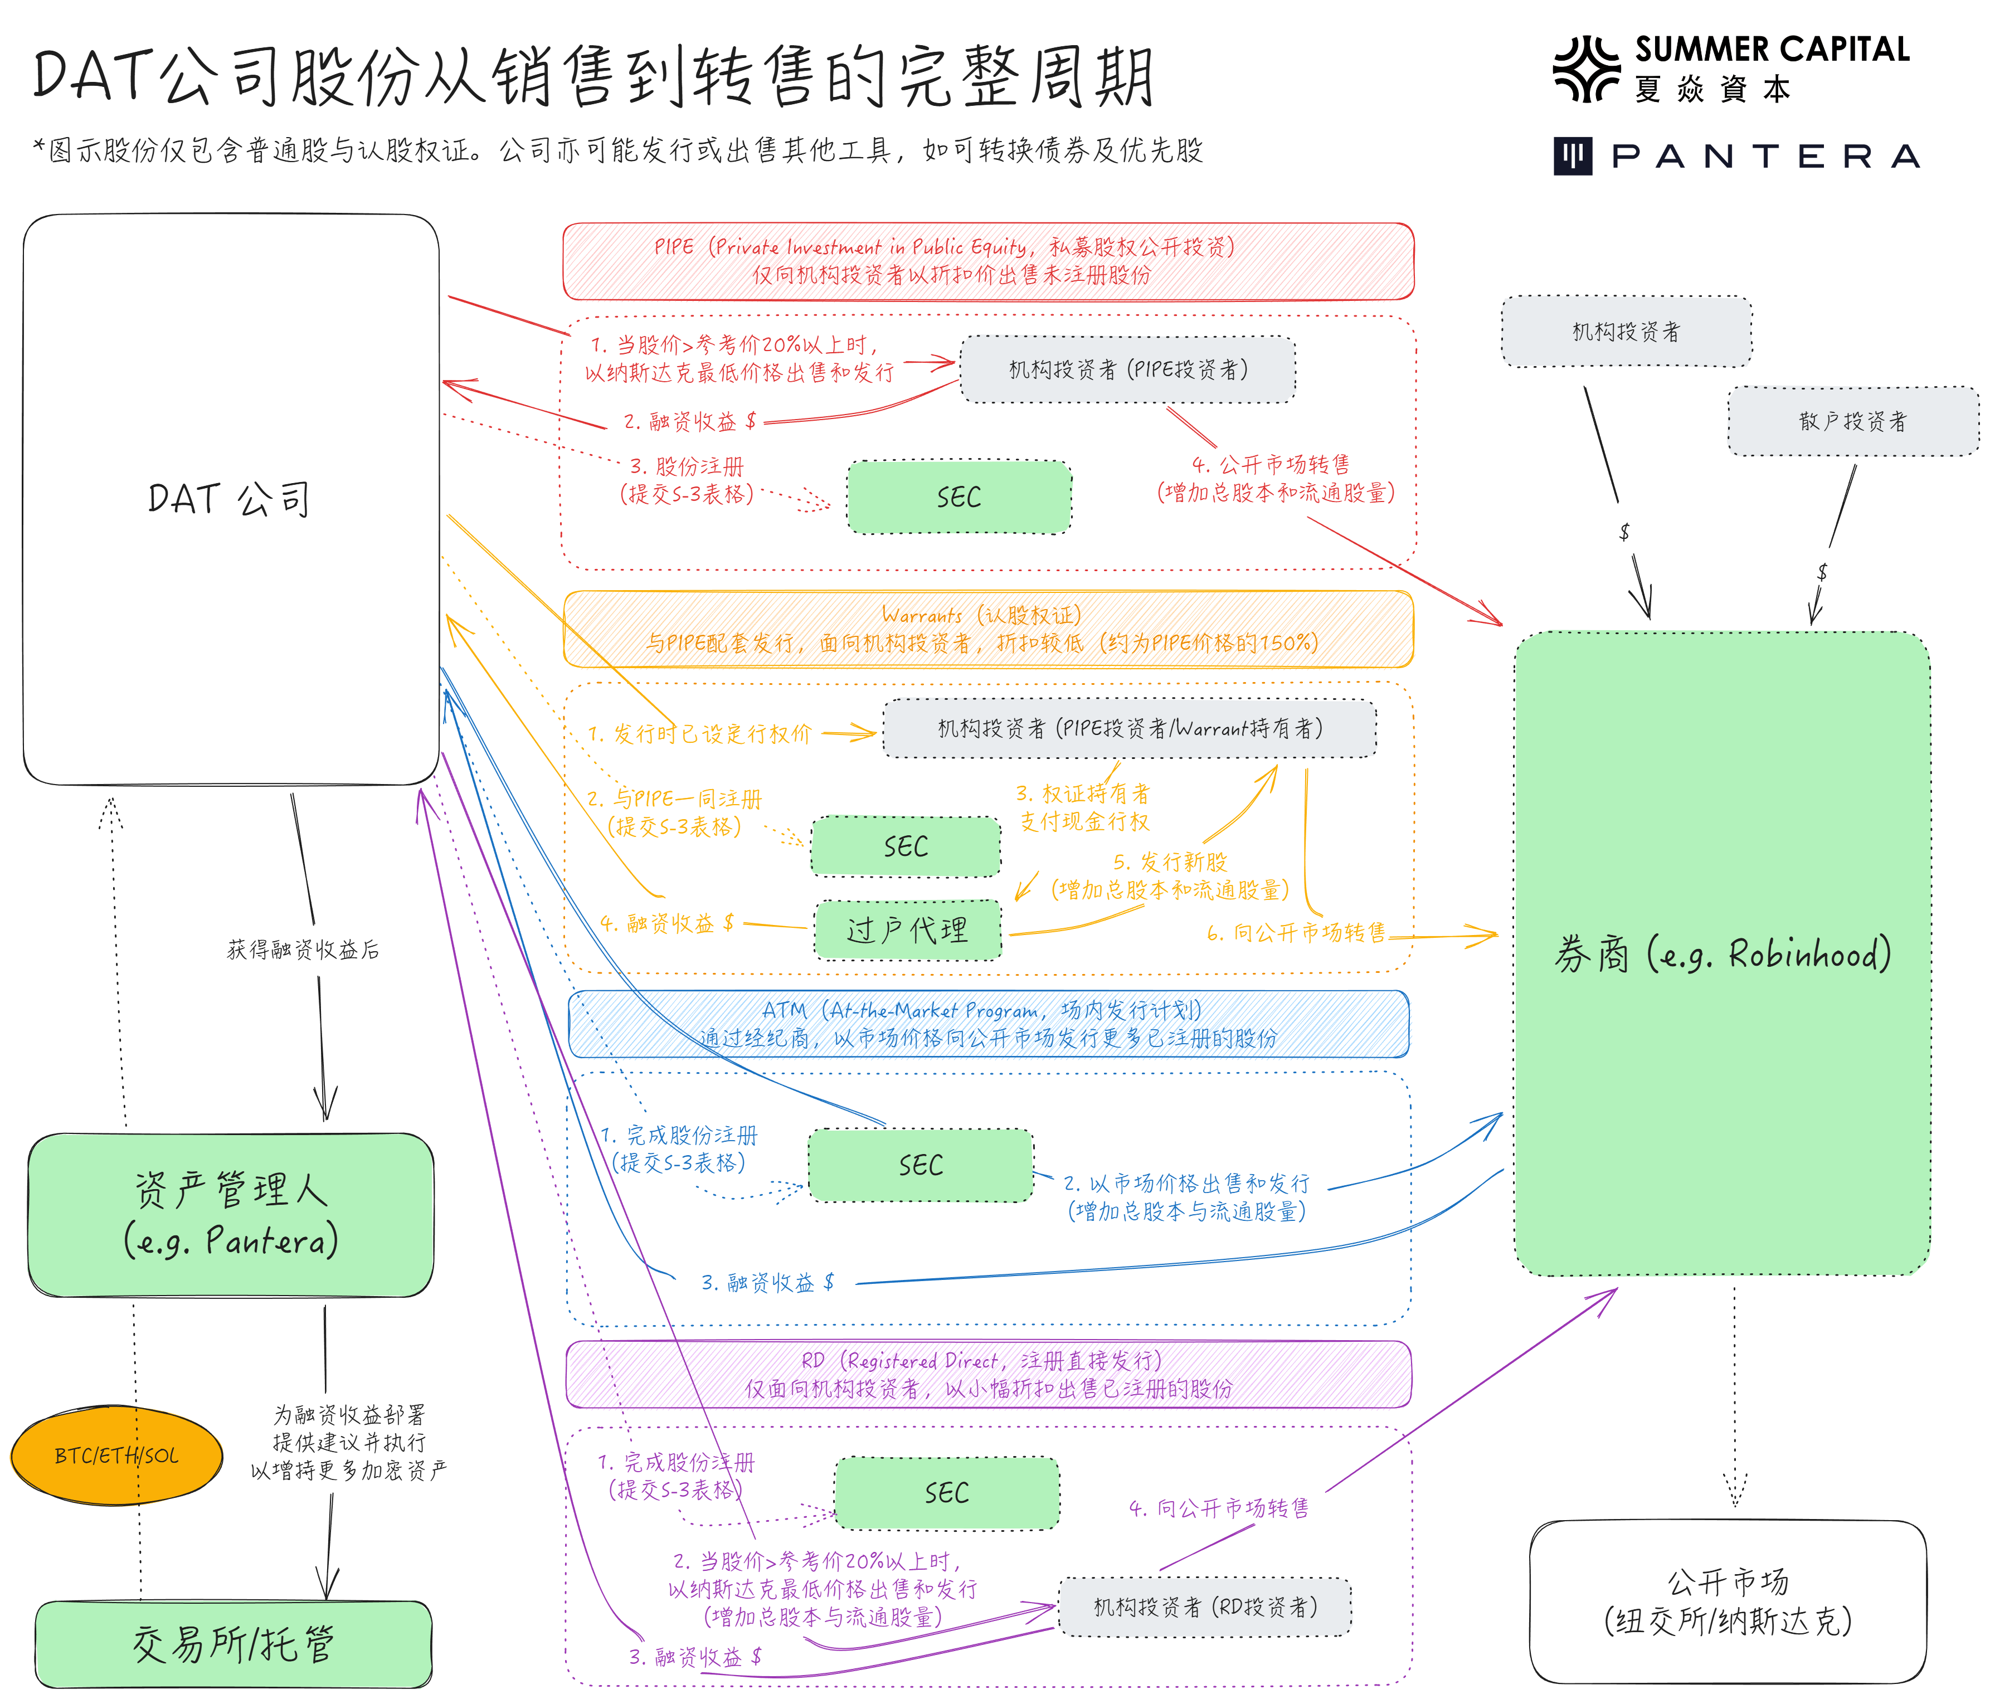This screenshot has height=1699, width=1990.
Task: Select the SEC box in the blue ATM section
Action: (920, 1166)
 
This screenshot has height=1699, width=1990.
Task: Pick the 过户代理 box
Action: (908, 929)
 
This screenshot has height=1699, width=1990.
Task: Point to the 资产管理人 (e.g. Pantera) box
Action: (231, 1215)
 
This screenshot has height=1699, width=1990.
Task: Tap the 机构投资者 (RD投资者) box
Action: (1205, 1607)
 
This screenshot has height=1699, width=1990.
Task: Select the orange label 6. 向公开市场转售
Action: (1296, 933)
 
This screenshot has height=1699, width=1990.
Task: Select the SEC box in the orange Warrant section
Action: (906, 846)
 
